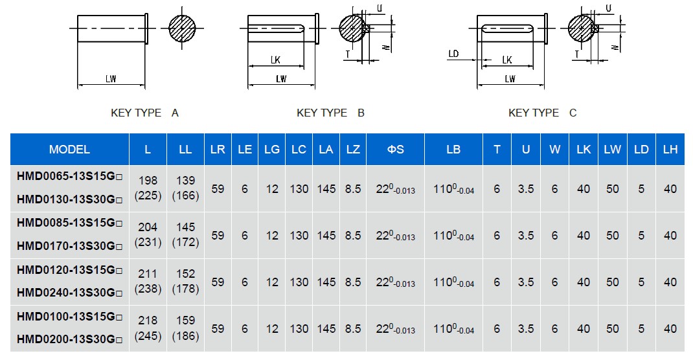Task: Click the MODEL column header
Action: (69, 150)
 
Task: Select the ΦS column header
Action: (396, 150)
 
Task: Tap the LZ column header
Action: (353, 150)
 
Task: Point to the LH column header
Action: (670, 150)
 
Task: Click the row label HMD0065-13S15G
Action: (69, 176)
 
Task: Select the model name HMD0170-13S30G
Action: (69, 246)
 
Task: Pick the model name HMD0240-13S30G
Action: (69, 293)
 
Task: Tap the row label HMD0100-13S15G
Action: (69, 316)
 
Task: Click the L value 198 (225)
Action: (148, 188)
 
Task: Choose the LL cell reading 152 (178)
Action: (185, 282)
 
